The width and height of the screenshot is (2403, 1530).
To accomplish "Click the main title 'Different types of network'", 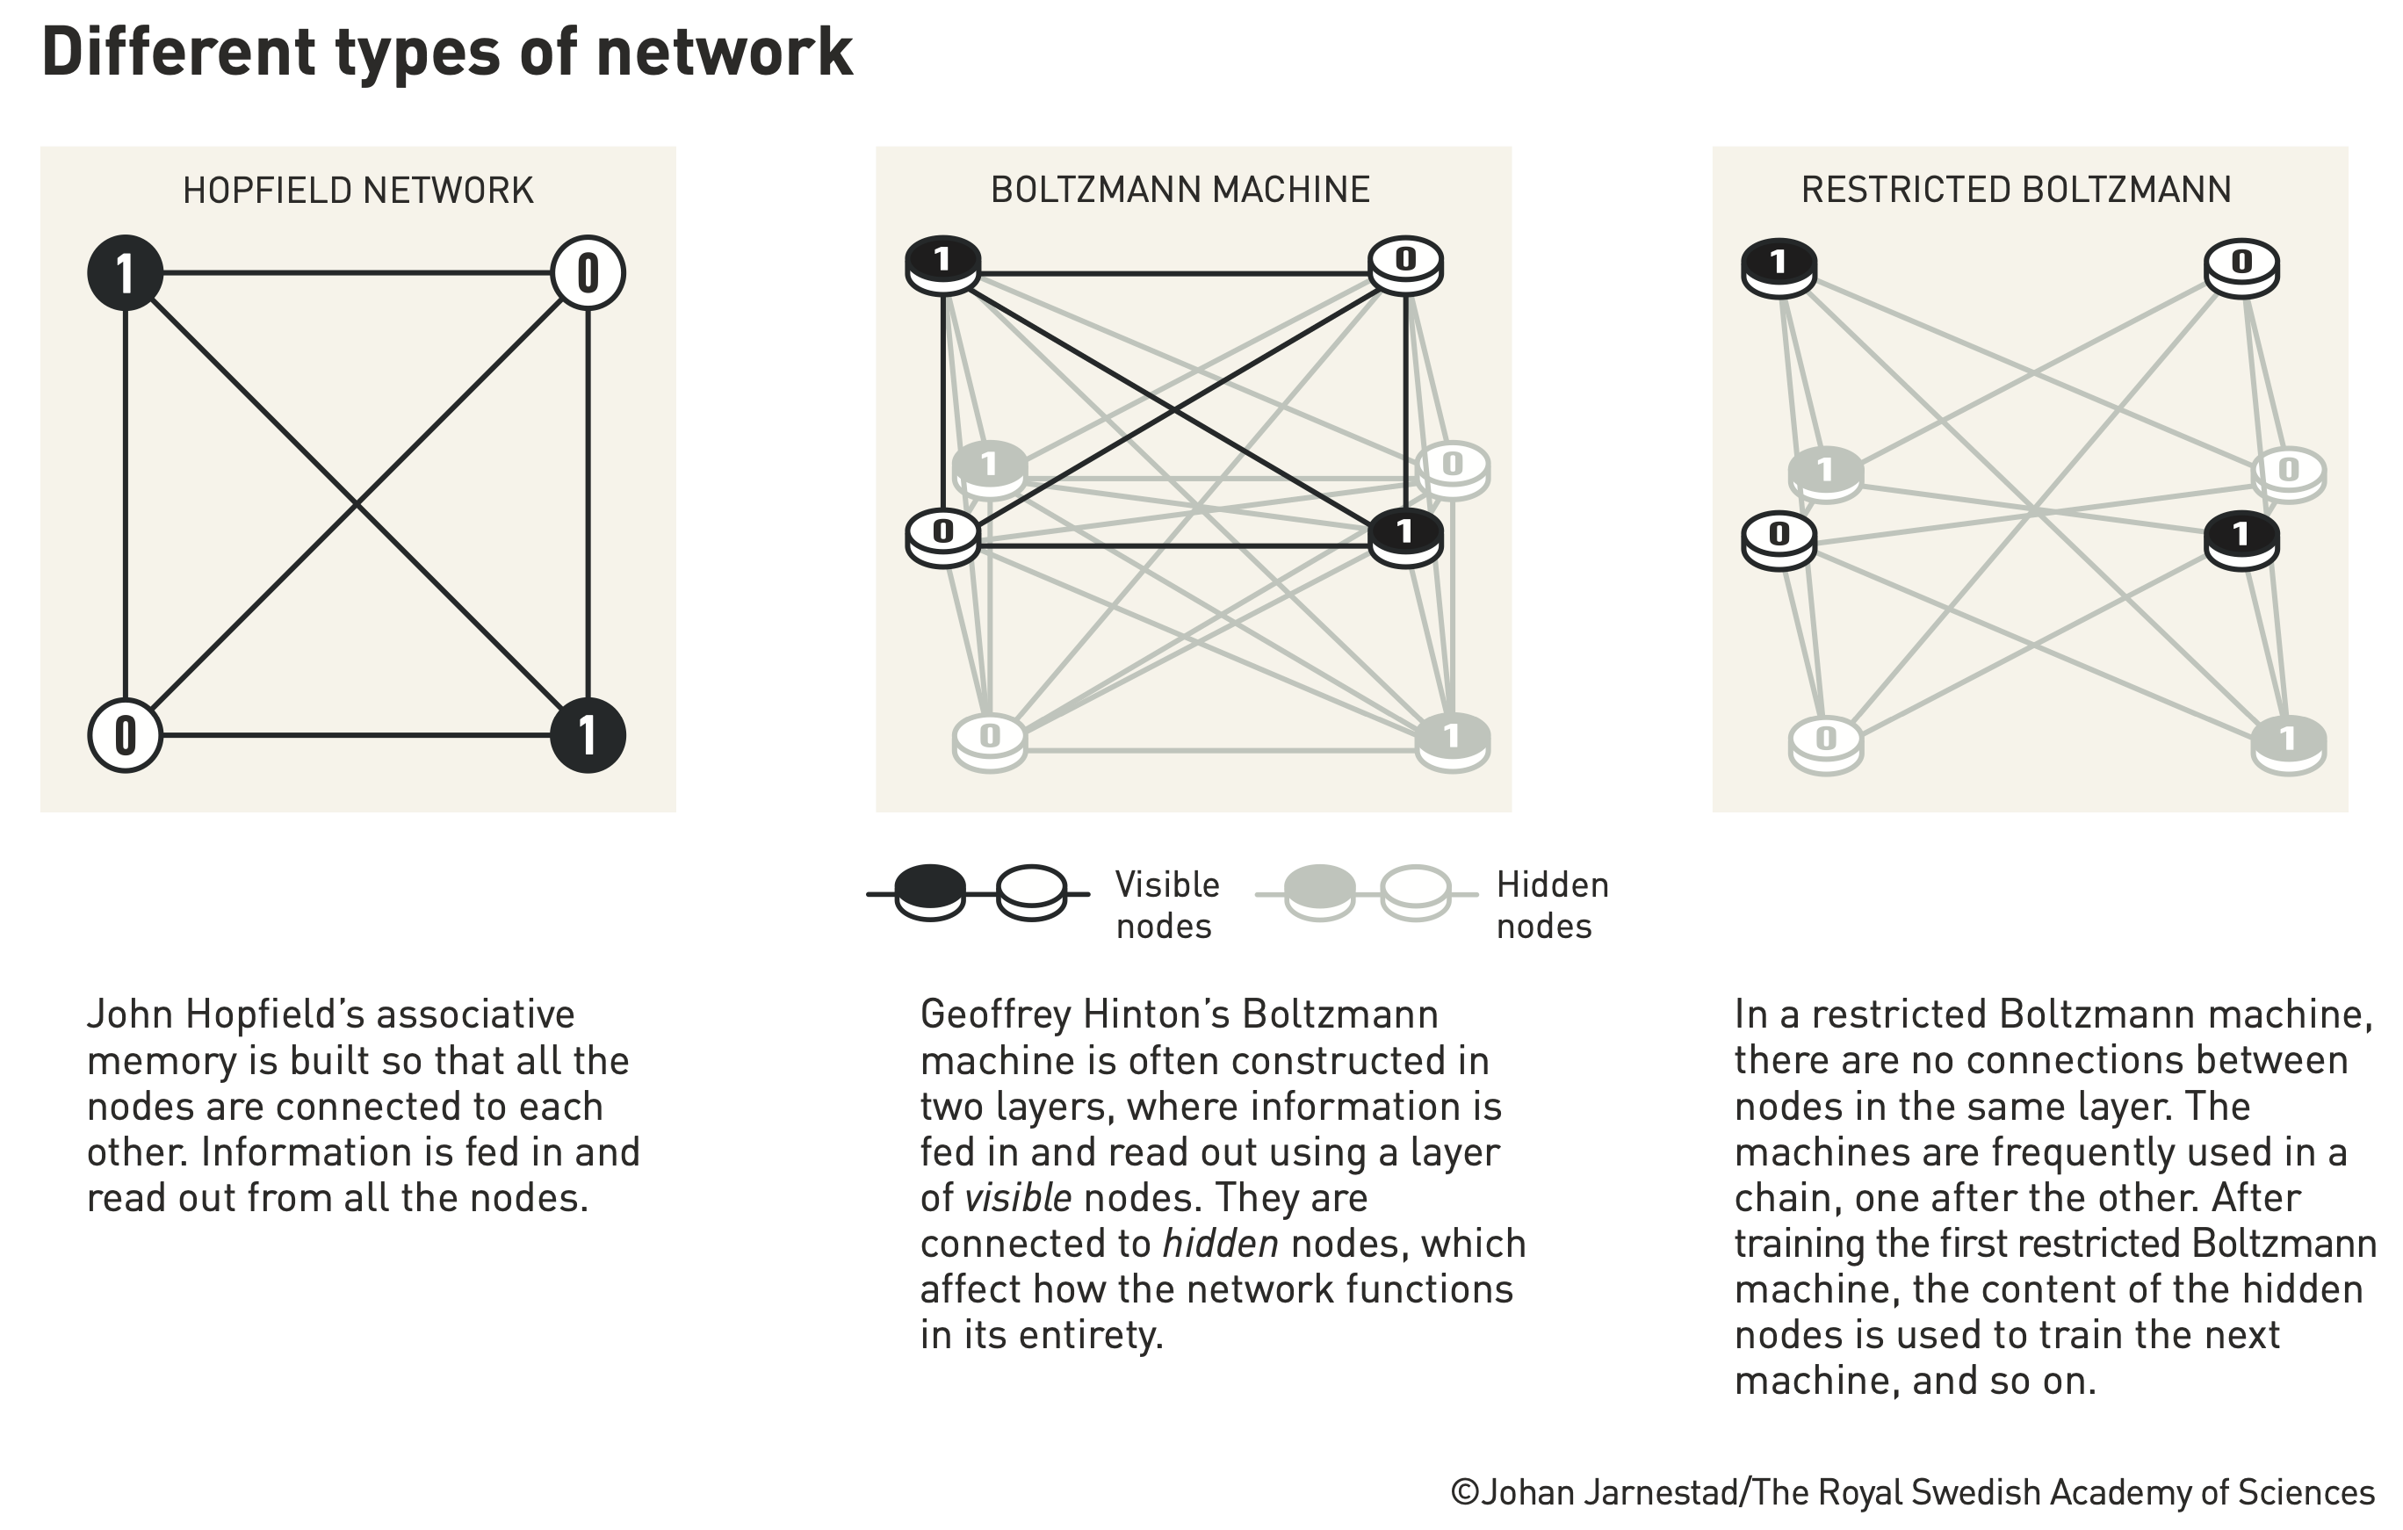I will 447,52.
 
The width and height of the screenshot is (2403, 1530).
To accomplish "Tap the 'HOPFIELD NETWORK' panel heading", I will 357,190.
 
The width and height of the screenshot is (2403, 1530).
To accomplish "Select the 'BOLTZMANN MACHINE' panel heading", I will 1180,190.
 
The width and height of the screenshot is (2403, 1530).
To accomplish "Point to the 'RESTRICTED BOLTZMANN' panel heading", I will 2016,190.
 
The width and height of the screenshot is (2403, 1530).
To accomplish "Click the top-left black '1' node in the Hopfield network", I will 125,272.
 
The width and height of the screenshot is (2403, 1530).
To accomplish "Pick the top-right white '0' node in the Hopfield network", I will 588,272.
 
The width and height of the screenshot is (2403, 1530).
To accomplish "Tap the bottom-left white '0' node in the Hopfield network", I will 125,735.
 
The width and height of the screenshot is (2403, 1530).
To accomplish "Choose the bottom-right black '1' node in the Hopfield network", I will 588,735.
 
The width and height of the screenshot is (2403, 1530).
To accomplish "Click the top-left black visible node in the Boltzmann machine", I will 942,264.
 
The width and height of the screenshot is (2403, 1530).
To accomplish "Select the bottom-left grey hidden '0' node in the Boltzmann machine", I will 989,741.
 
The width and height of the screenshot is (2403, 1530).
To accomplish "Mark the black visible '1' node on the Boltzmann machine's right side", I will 1405,536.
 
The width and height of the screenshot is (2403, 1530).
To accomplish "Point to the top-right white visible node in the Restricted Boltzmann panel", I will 2241,266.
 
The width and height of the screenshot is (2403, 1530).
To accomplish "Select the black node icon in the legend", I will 930,891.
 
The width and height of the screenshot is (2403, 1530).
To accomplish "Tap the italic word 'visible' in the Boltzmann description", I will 1018,1198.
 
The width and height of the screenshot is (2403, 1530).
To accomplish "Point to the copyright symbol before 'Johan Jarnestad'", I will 1464,1492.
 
